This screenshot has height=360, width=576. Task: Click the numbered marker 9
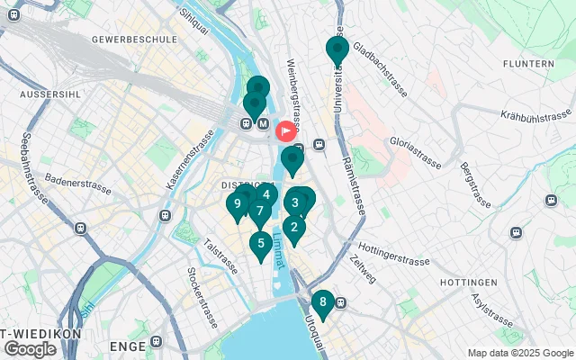[237, 204]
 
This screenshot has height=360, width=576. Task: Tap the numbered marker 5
[261, 242]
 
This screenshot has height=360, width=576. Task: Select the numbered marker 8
[322, 302]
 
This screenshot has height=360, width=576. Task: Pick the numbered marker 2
[294, 227]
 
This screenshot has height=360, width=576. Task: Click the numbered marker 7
[259, 211]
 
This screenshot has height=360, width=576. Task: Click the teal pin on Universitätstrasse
[337, 49]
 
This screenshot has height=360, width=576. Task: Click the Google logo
[30, 348]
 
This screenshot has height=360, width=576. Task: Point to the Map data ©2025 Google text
[520, 353]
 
